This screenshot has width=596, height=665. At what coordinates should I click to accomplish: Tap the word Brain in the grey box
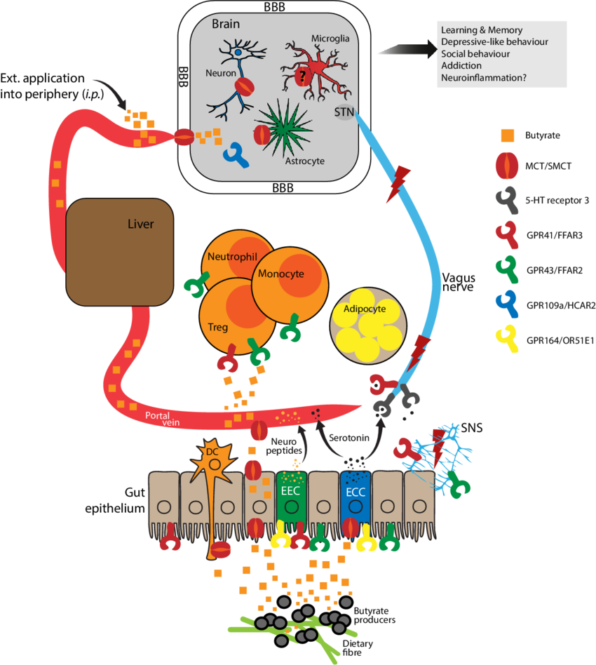coord(226,24)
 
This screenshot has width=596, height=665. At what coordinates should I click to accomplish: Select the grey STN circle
coord(343,110)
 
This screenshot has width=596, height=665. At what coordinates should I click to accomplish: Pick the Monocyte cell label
coord(280,274)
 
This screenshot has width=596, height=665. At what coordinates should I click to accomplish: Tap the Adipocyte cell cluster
coord(366,324)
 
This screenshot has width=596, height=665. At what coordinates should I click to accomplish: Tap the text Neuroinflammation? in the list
coord(483,78)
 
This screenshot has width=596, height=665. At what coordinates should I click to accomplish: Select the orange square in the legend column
coord(508,134)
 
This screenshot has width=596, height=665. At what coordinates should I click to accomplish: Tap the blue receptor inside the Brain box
coord(236,155)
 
